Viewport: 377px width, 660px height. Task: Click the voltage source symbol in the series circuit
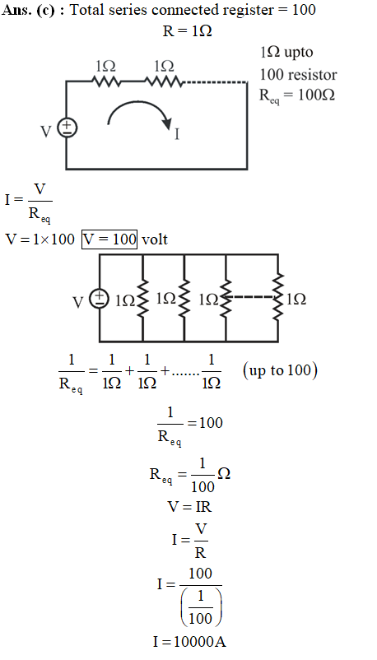coord(67,128)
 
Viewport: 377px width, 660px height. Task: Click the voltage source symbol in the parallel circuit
coord(100,299)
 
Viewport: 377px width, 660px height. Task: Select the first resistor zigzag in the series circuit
coord(106,81)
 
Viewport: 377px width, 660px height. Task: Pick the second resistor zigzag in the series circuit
coord(164,81)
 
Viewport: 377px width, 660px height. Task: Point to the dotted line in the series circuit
coord(215,82)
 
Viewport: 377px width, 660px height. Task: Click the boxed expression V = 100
coord(109,239)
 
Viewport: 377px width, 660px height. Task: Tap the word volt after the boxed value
coord(155,239)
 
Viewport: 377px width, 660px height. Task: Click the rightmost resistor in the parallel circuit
coord(277,297)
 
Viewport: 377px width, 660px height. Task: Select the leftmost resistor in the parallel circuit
coord(142,299)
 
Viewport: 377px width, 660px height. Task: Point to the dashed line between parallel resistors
coord(252,297)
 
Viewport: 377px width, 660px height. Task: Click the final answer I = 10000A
coord(189,641)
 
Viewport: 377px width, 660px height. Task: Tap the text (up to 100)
coord(280,370)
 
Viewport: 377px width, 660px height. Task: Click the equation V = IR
coord(189,507)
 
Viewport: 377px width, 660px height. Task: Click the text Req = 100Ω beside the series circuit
coord(297,95)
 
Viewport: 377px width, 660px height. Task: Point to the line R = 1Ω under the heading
coord(187,30)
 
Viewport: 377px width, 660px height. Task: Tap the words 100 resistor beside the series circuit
coord(298,75)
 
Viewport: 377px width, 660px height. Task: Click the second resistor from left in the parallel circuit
coord(184,299)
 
